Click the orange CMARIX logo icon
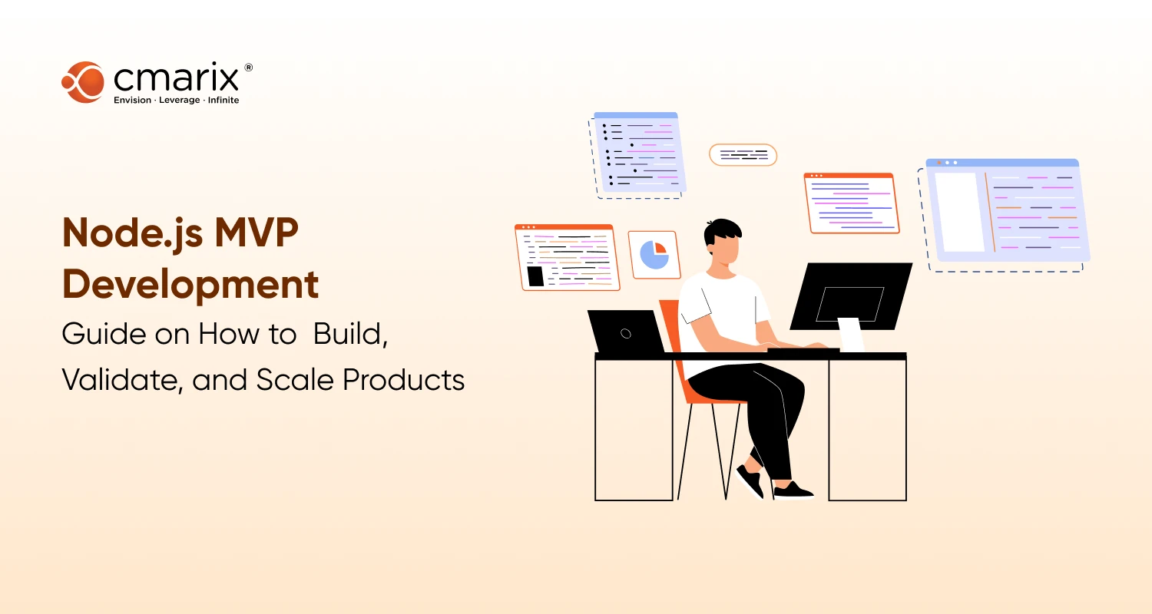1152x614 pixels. click(x=82, y=82)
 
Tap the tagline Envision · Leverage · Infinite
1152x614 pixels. click(x=176, y=101)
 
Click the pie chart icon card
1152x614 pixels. click(x=654, y=255)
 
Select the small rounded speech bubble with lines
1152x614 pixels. click(x=743, y=155)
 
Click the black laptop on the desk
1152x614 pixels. click(x=625, y=332)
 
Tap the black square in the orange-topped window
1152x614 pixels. click(x=535, y=276)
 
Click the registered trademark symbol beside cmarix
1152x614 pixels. click(x=248, y=68)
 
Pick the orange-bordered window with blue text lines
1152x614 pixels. click(x=851, y=203)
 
